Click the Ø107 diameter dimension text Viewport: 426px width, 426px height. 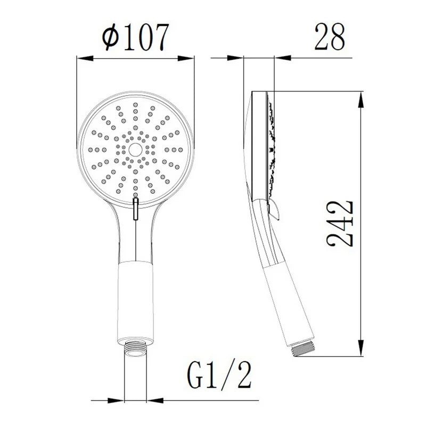[x=136, y=37]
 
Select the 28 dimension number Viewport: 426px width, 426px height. [x=330, y=37]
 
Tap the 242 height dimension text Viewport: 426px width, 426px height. [x=340, y=224]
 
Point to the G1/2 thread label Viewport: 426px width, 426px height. [x=219, y=376]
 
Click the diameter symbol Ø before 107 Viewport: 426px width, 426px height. [x=111, y=37]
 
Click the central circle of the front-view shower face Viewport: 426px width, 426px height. [x=135, y=150]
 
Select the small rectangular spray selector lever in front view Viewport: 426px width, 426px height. [x=136, y=208]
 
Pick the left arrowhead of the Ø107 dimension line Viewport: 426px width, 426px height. [x=85, y=58]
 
